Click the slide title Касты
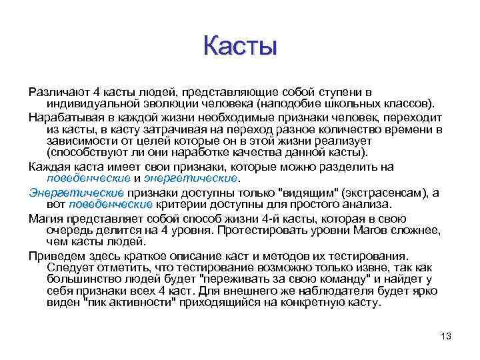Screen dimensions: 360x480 pos(240,46)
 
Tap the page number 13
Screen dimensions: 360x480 pos(446,336)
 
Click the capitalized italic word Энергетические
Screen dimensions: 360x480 pos(76,192)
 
